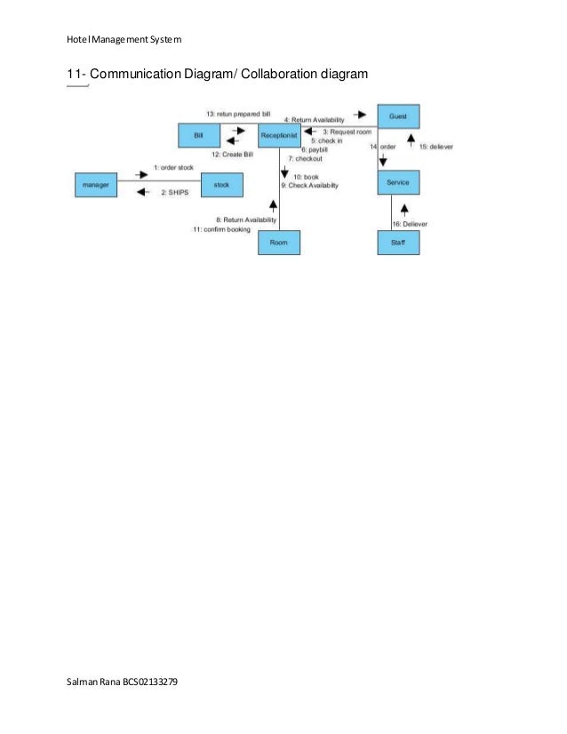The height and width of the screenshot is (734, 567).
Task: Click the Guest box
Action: pyautogui.click(x=398, y=116)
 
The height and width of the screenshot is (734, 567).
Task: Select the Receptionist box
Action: pyautogui.click(x=279, y=135)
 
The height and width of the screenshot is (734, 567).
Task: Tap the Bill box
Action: pyautogui.click(x=198, y=135)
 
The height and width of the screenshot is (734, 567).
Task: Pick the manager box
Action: pyautogui.click(x=95, y=185)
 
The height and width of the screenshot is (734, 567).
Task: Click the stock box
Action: pyautogui.click(x=221, y=185)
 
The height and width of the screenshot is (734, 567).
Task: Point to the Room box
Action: pyautogui.click(x=279, y=242)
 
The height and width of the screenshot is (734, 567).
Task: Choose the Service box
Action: pyautogui.click(x=398, y=181)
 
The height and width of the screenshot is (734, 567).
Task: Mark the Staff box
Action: pyautogui.click(x=398, y=242)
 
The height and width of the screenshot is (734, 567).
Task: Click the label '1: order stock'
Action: pyautogui.click(x=172, y=167)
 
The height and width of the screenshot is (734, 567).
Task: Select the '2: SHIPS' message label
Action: pyautogui.click(x=174, y=192)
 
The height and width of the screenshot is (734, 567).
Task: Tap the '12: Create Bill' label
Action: pyautogui.click(x=232, y=155)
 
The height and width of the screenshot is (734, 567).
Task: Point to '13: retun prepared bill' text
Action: pyautogui.click(x=237, y=115)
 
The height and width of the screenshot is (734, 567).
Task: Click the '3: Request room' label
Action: pyautogui.click(x=347, y=132)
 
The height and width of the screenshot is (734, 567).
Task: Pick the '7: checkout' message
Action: pyautogui.click(x=305, y=158)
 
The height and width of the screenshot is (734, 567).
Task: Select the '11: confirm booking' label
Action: pyautogui.click(x=221, y=229)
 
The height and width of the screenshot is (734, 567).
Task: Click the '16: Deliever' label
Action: pyautogui.click(x=410, y=224)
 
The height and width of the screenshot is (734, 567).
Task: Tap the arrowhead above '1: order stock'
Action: pyautogui.click(x=141, y=175)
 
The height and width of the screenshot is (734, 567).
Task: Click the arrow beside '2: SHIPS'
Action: pyautogui.click(x=141, y=192)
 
